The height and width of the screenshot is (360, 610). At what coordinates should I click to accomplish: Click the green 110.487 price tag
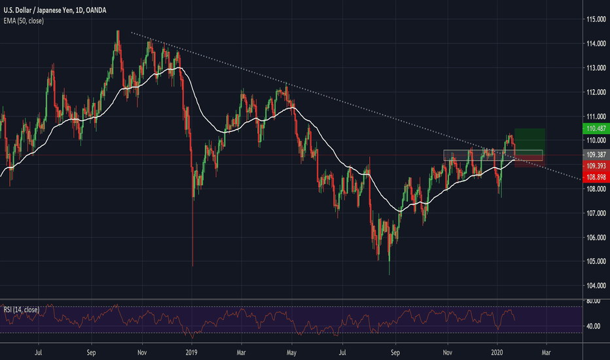594,129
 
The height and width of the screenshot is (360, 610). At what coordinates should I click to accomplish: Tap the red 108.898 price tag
594,177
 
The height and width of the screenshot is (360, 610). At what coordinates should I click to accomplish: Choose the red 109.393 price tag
594,166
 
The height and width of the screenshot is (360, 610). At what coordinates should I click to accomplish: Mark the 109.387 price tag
594,155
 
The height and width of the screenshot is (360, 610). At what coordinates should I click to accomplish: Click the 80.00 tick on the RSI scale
593,302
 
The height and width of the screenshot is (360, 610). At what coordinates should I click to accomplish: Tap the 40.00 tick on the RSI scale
593,326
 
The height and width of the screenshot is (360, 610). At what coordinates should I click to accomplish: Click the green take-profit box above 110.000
529,139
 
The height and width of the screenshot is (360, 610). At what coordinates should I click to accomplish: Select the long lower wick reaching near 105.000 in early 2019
193,236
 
